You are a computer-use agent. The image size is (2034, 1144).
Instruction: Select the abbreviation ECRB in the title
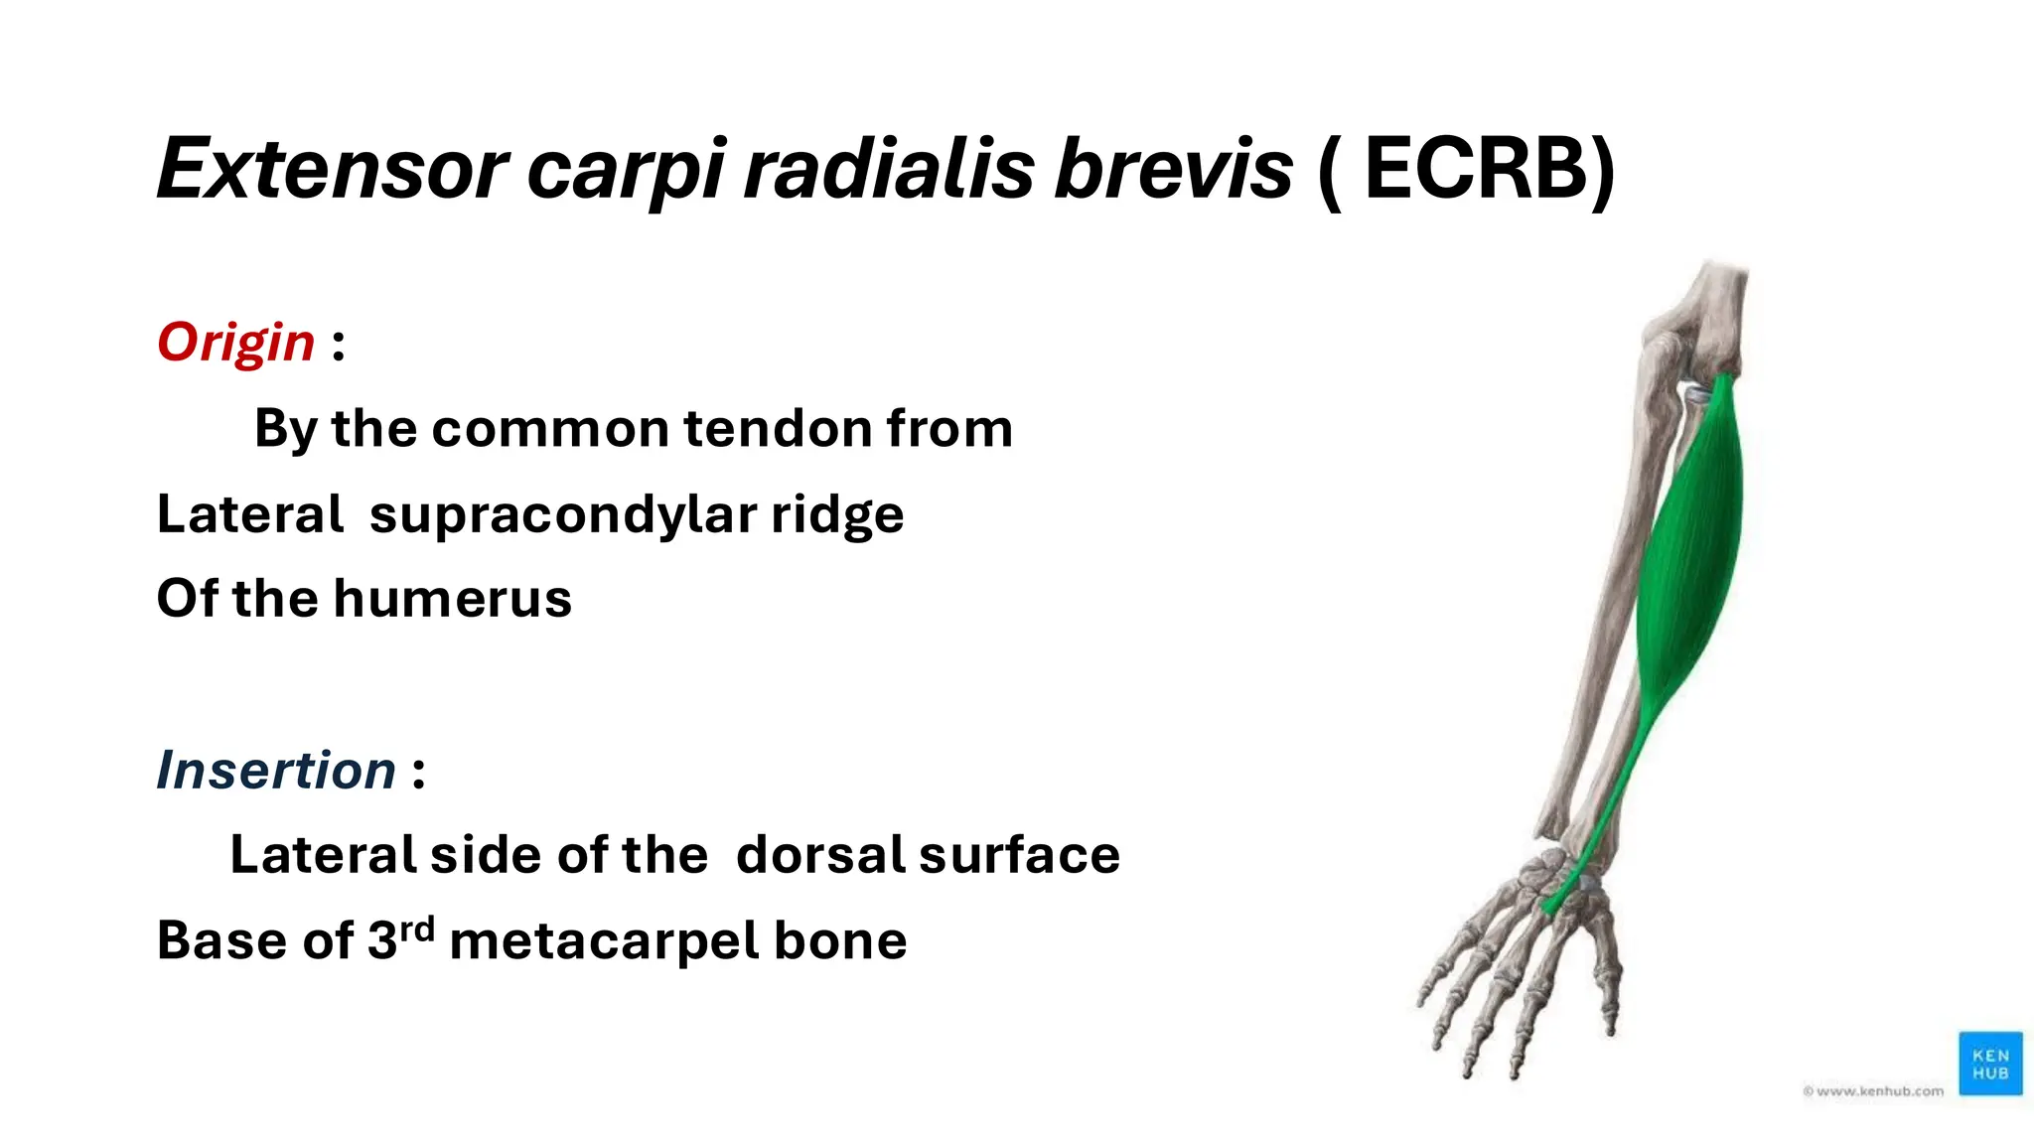1477,169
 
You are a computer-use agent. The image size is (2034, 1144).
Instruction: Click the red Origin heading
236,343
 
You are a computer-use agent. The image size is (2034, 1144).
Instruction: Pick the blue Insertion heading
276,771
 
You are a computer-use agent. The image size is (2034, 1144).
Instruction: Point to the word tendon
775,429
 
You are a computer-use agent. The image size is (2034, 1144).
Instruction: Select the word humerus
453,599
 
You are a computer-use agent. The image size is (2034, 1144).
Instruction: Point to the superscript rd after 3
417,929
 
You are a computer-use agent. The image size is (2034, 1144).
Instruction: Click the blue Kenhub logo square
1989,1064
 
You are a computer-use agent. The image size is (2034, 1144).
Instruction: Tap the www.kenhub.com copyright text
1873,1090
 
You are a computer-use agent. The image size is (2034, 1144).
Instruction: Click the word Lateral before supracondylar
249,514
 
